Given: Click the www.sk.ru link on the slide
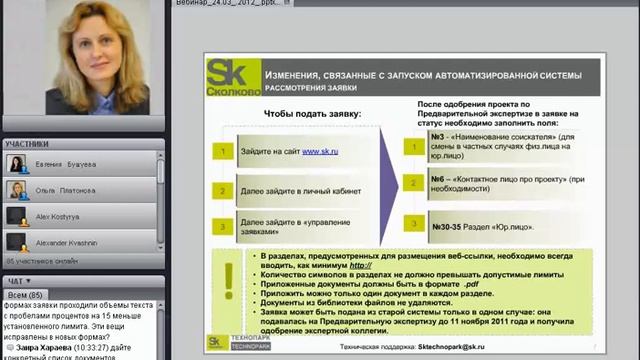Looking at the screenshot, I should (x=317, y=151).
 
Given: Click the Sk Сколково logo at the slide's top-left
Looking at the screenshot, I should (x=228, y=77).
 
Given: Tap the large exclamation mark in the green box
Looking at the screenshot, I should (x=229, y=291).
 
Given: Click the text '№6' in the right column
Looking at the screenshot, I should (x=437, y=177).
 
